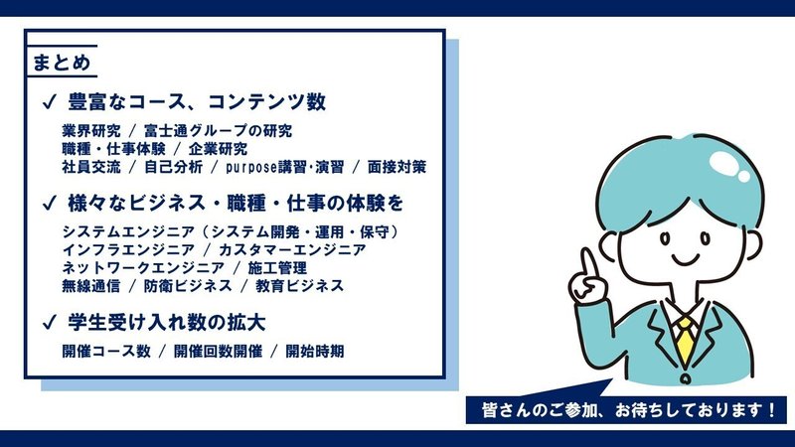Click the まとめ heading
(x=62, y=63)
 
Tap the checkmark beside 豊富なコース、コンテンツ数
(x=50, y=102)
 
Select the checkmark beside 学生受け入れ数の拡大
(x=50, y=322)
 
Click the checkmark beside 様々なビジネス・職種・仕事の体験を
(x=50, y=204)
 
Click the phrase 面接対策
(x=397, y=167)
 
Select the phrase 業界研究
(x=91, y=131)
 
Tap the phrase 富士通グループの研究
(x=218, y=131)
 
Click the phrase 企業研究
(x=218, y=149)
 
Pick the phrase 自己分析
(x=173, y=167)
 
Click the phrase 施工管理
(x=277, y=267)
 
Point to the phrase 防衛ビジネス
(x=188, y=286)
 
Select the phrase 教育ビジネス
(x=300, y=286)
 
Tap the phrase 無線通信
(x=91, y=286)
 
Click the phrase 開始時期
(x=315, y=351)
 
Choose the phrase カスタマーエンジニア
(x=292, y=250)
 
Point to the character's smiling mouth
(x=686, y=261)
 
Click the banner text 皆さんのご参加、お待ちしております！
(x=629, y=409)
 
